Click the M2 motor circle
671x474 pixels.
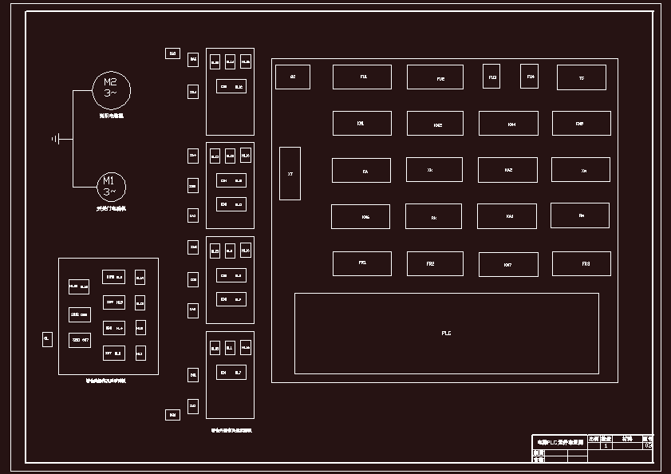(111, 88)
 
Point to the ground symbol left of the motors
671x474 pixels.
(57, 139)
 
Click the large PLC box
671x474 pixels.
(446, 333)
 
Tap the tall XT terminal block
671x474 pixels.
(290, 173)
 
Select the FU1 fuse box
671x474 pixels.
(362, 77)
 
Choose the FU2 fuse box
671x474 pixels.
(435, 77)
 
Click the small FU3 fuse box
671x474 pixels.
(491, 77)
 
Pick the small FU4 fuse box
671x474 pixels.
(530, 76)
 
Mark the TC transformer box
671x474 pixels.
(581, 77)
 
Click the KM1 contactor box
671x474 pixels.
(361, 123)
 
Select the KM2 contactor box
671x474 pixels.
(435, 124)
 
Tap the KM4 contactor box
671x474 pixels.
(508, 124)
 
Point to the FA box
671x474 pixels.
(361, 170)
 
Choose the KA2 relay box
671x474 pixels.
(507, 170)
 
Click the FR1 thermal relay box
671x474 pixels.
(362, 263)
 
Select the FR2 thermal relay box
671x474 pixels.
(435, 264)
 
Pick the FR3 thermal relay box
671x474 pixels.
(581, 264)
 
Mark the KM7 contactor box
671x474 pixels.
(508, 264)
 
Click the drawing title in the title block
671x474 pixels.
(559, 440)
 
